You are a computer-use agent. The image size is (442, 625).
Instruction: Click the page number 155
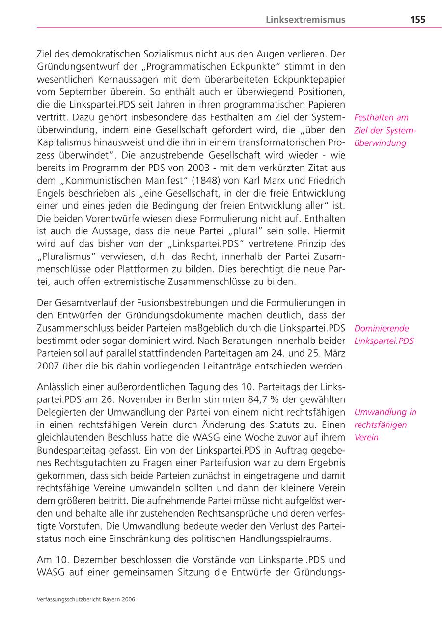pyautogui.click(x=417, y=20)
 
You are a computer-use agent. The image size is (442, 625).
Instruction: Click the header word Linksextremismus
pyautogui.click(x=305, y=20)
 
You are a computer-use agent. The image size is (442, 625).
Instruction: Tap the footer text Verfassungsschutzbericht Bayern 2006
pyautogui.click(x=86, y=599)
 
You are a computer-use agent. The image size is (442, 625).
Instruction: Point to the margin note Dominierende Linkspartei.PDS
pyautogui.click(x=384, y=335)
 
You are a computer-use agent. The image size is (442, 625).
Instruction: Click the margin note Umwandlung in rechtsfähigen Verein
pyautogui.click(x=385, y=425)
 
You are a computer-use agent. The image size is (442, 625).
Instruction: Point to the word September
pyautogui.click(x=88, y=92)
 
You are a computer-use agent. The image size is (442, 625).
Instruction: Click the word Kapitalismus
pyautogui.click(x=67, y=143)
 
